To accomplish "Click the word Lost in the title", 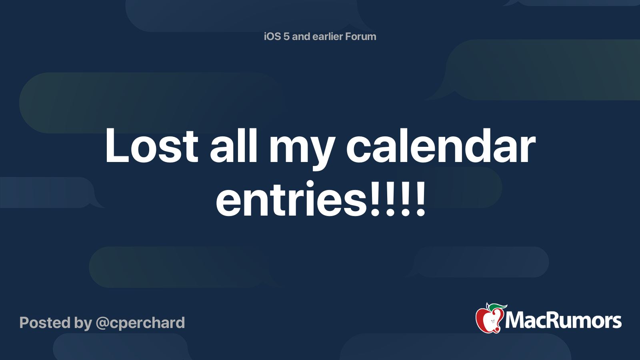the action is pos(152,146).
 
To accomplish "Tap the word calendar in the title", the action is pos(440,146).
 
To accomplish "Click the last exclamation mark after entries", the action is pos(421,198).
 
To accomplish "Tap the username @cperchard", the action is pos(140,323).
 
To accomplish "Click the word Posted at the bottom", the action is pos(45,322).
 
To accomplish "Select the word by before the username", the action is pos(83,324).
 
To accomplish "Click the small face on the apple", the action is pos(492,322).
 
